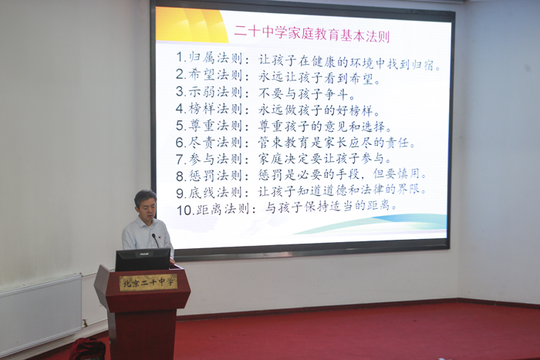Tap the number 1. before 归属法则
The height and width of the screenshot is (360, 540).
click(181, 57)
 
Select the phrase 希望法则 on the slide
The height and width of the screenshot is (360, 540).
click(215, 75)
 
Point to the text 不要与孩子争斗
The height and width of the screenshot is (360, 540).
click(307, 93)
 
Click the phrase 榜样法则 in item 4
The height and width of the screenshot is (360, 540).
click(215, 109)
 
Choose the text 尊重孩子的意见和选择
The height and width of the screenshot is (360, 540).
click(325, 126)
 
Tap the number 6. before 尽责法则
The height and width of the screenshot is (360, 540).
click(181, 142)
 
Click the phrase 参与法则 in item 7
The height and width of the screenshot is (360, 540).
click(215, 159)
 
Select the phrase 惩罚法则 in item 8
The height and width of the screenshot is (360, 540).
click(215, 176)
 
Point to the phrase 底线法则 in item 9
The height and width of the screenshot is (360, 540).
click(215, 193)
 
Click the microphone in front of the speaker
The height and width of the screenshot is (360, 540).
click(155, 241)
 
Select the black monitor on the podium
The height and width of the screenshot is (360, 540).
click(143, 260)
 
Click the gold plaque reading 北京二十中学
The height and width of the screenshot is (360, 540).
click(148, 283)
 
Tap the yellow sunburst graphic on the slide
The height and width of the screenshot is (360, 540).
click(191, 25)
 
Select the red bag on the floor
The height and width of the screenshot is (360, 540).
click(88, 349)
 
